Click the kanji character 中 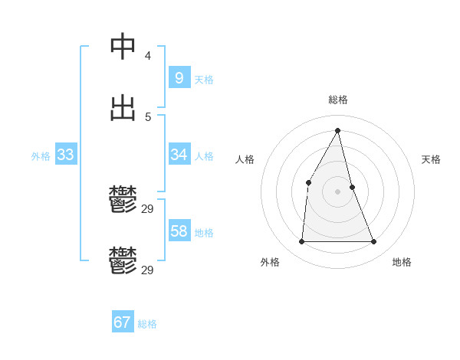(123, 47)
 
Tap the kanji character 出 (123, 108)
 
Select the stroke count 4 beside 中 (147, 56)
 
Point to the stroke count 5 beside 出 (147, 117)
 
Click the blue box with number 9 (179, 77)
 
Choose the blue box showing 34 (179, 155)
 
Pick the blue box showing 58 (179, 231)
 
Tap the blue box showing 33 (65, 155)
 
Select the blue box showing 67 (122, 322)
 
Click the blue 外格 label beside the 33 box (41, 156)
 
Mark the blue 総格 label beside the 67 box (147, 324)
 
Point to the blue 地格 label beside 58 (204, 233)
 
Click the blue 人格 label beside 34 (204, 156)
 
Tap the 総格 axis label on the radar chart (338, 100)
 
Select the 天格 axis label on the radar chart (431, 159)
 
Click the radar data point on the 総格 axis (338, 130)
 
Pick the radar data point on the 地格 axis (374, 241)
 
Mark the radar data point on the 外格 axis (301, 241)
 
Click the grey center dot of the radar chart (338, 191)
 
